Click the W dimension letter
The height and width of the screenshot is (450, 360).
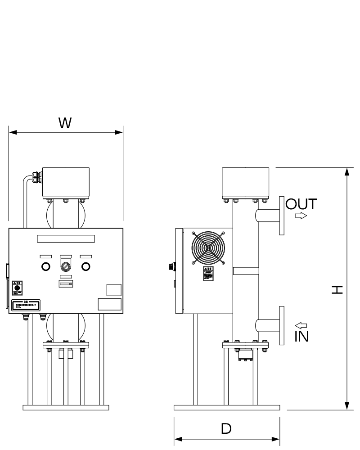coord(66,123)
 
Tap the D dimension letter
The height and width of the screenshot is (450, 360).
coord(227,429)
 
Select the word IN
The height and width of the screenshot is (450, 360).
coord(301,336)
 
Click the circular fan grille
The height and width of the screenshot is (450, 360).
coord(208,247)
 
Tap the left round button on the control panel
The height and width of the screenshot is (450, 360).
coord(45,266)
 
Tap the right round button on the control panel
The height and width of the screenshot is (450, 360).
coord(85,266)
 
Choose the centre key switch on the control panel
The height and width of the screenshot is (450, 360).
coord(66,266)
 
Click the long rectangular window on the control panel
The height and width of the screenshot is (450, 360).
coord(66,238)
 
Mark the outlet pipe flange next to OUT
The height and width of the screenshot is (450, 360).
coord(282,215)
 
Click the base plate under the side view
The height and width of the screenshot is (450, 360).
coord(227,407)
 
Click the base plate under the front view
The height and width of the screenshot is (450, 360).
coord(66,407)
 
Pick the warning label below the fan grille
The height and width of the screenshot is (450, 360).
coord(208,274)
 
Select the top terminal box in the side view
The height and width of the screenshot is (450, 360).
coord(246,183)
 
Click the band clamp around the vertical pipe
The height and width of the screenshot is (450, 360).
coord(246,270)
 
